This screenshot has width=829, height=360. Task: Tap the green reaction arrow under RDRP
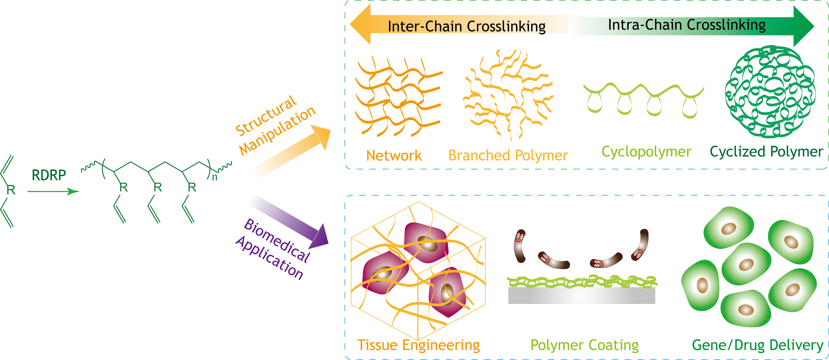[53, 192]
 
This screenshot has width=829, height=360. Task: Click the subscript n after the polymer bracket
[215, 177]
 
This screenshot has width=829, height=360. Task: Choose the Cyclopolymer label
[646, 152]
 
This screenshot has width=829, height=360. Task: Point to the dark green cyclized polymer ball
[770, 92]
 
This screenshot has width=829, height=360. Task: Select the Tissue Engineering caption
[418, 345]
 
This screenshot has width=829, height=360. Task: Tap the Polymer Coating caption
[584, 345]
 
